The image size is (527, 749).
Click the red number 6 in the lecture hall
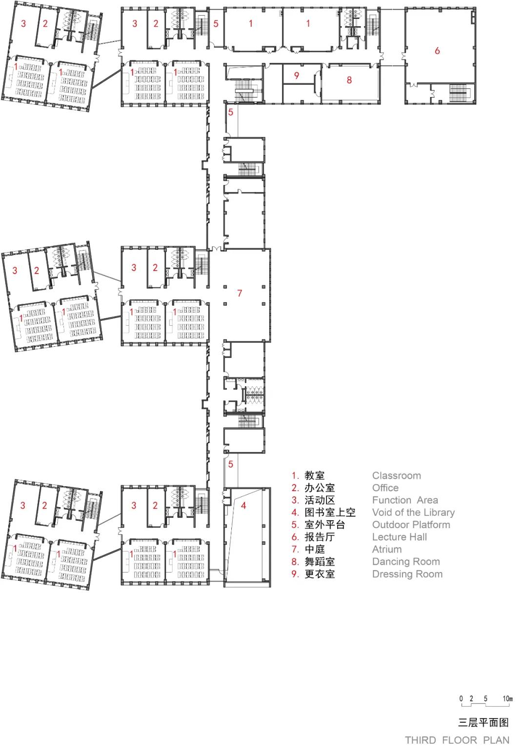(x=437, y=51)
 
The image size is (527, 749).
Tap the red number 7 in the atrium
(x=240, y=293)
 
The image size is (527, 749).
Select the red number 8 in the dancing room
(x=349, y=80)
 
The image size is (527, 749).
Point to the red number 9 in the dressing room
(x=296, y=76)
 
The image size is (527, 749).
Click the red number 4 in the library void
(x=243, y=506)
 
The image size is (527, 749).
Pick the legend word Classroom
(x=397, y=475)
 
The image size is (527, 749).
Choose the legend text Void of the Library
(x=414, y=512)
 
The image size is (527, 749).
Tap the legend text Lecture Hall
(x=400, y=537)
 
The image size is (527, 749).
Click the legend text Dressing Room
(x=407, y=574)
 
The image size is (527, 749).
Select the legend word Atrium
(x=387, y=550)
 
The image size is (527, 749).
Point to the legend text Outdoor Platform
(x=411, y=525)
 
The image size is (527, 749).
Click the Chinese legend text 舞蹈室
(x=320, y=562)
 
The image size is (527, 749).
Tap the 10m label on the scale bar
(x=507, y=698)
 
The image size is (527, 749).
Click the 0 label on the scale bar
(x=461, y=698)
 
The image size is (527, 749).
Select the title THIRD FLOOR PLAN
(x=457, y=740)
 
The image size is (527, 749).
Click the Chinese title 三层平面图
(x=484, y=722)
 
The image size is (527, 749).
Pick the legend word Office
(x=385, y=488)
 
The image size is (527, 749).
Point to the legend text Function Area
(x=405, y=500)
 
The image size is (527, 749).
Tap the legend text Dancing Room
(x=406, y=562)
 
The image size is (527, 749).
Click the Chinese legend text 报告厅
(x=320, y=537)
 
